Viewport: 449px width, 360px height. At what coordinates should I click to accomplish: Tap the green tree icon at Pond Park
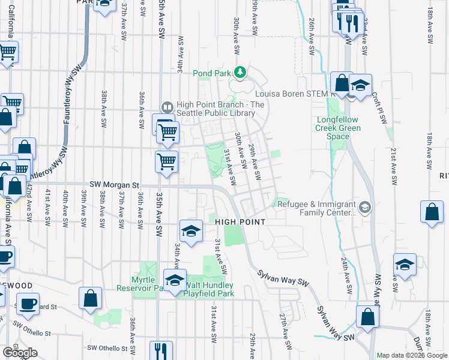point(241,73)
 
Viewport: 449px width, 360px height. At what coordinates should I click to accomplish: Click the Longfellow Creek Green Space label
point(339,128)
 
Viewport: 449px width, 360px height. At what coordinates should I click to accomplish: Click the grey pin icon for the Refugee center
point(367,208)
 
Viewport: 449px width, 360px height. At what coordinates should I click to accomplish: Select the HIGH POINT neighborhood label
point(240,222)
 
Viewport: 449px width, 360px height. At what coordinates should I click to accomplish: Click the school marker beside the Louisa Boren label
point(361,86)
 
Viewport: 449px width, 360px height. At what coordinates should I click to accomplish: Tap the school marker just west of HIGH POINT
point(191,230)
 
